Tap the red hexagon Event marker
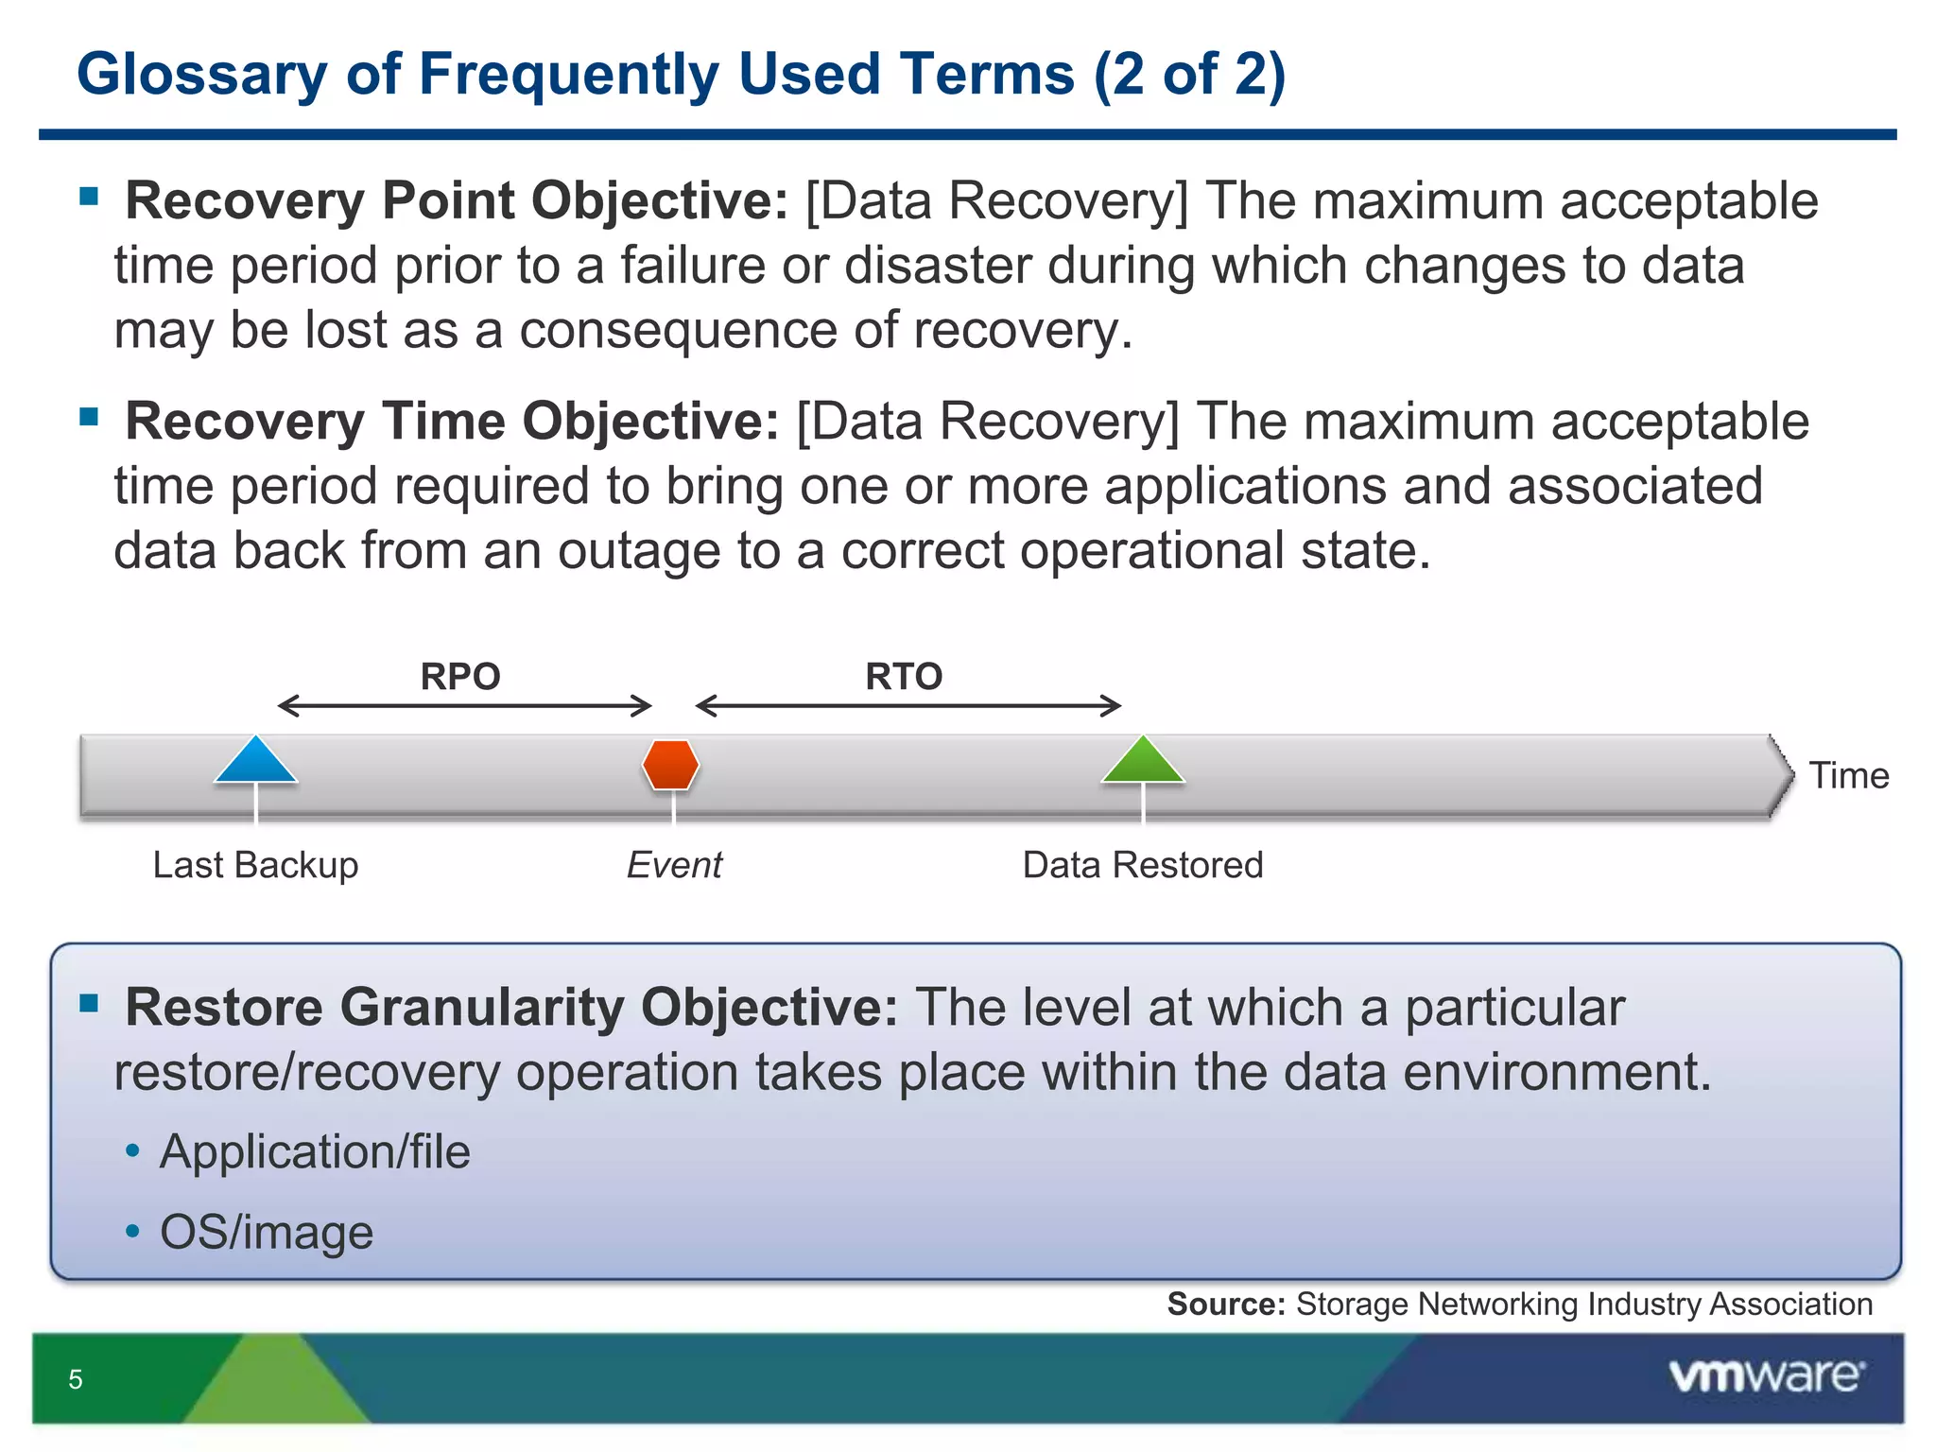click(670, 764)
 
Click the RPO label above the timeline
click(460, 677)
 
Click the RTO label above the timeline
click(904, 677)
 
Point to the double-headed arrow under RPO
click(464, 705)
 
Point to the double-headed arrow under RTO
click(907, 705)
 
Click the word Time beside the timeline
click(1848, 775)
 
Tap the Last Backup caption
click(255, 865)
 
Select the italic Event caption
click(674, 865)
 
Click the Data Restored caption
click(1142, 865)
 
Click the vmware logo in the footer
click(1766, 1375)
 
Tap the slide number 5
click(76, 1379)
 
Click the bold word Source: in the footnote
click(1226, 1305)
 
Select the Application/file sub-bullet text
click(314, 1151)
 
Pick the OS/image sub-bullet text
click(267, 1232)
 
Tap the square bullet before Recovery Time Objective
click(90, 417)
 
